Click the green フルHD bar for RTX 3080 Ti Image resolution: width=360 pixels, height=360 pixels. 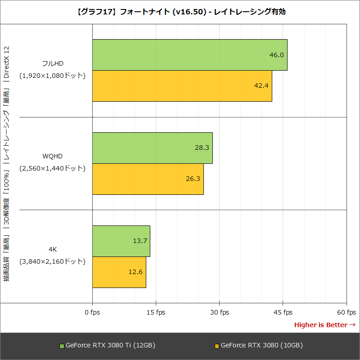click(189, 55)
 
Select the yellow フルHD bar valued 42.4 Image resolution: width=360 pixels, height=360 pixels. click(182, 86)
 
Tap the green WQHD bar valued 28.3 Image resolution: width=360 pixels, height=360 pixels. click(152, 148)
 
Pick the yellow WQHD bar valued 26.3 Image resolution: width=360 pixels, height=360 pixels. click(148, 179)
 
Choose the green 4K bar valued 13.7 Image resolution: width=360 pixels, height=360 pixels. click(121, 241)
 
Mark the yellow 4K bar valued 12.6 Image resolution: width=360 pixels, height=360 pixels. click(119, 272)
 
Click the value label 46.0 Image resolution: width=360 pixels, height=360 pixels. click(276, 55)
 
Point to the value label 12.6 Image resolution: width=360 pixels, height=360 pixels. click(135, 272)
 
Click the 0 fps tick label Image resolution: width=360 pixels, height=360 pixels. click(92, 312)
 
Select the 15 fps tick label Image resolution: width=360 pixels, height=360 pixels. click(156, 312)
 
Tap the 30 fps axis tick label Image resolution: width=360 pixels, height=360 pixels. click(219, 312)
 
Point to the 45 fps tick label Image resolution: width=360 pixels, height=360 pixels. click(283, 312)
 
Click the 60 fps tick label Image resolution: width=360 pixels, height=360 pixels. click(346, 312)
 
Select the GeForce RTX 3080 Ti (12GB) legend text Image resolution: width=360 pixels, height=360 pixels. click(110, 346)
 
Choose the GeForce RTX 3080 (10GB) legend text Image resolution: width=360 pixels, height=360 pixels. click(261, 346)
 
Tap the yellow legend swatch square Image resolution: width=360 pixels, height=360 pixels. click(216, 346)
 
